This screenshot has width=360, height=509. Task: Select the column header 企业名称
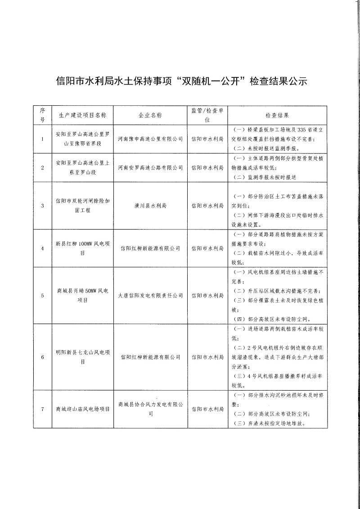click(150, 115)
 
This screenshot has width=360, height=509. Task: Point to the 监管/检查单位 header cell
click(207, 115)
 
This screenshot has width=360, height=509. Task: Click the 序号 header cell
click(43, 115)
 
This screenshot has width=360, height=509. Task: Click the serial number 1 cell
click(43, 139)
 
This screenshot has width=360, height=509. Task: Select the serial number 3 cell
click(43, 206)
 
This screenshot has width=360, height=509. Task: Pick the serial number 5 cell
click(43, 296)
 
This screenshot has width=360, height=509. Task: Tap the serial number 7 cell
click(43, 409)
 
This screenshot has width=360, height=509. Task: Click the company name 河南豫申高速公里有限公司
click(150, 139)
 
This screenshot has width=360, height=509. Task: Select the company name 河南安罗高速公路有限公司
click(150, 167)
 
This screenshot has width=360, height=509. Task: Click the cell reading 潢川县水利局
click(150, 206)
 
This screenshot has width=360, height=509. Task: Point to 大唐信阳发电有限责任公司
click(150, 296)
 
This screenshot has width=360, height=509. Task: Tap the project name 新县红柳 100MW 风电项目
click(82, 248)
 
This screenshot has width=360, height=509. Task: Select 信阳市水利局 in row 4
click(207, 248)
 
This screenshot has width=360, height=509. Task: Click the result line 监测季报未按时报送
click(265, 177)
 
